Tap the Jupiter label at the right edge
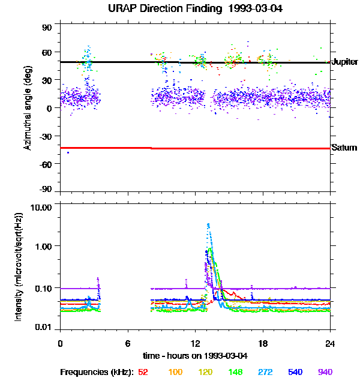[344, 62]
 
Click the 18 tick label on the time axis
[263, 343]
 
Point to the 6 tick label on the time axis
[128, 343]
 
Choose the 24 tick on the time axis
[330, 343]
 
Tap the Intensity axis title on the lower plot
[19, 266]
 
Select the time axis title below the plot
[195, 356]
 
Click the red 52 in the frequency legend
[143, 373]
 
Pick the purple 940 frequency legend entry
[325, 373]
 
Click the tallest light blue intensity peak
[208, 225]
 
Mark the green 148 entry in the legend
[235, 373]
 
